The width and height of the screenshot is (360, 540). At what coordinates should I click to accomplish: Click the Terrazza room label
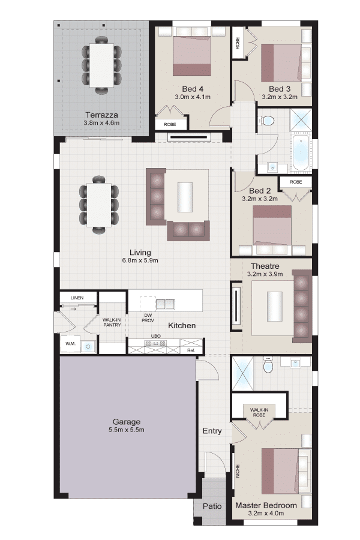101,115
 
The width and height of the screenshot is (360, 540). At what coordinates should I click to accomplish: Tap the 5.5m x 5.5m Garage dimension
127,430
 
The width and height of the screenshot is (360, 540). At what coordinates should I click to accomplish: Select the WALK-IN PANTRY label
112,322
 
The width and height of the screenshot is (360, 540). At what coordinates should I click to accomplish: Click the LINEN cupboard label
77,298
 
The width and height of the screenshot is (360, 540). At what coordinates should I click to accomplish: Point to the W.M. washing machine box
70,344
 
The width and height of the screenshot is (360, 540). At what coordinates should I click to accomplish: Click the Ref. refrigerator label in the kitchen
191,350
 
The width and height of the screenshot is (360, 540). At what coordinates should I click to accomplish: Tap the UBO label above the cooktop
156,336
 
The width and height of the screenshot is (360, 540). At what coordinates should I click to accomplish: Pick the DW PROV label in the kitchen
148,318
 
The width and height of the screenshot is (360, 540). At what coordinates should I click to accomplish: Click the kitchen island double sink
166,304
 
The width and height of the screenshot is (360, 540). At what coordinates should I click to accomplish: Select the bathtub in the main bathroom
301,153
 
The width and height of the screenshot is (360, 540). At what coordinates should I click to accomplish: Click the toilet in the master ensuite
268,365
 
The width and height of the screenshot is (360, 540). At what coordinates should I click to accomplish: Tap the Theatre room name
265,266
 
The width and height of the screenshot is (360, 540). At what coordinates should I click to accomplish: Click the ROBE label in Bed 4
170,124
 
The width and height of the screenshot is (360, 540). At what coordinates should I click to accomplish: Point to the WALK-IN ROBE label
259,413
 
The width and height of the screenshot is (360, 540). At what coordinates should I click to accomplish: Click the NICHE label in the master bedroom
238,471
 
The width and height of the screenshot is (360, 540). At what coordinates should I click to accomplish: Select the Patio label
212,506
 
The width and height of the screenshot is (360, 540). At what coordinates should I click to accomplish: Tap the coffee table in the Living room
185,197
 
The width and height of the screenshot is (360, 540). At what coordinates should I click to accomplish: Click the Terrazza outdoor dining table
101,64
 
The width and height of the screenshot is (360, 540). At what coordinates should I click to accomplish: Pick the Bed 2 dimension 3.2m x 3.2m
260,199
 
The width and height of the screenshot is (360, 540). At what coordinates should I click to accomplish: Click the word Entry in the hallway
212,431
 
